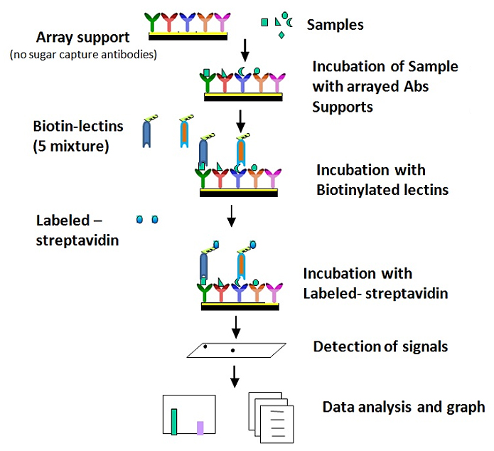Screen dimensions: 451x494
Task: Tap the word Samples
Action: point(335,25)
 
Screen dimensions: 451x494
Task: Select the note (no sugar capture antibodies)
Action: point(84,55)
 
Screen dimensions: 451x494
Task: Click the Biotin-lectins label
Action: point(78,126)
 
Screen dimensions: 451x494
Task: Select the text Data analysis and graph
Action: point(404,408)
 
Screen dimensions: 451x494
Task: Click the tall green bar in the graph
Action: point(174,421)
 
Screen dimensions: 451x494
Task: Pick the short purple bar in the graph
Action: point(200,428)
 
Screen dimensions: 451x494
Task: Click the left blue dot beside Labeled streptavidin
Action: point(139,220)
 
